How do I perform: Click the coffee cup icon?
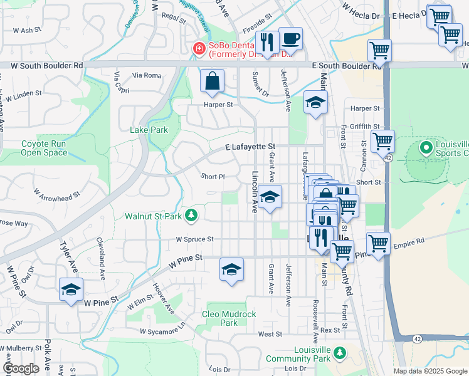coord(290,39)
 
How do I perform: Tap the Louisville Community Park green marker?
coord(339,353)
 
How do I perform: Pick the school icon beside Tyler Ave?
coord(71,290)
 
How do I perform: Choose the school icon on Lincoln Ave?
coord(270,197)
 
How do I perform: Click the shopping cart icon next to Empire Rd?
coord(378,243)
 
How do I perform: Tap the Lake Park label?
coord(149,130)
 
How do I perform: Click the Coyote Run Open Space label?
coord(44,148)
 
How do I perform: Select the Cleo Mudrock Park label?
coord(229,318)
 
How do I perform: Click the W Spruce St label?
coord(194,239)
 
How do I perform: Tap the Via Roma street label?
coord(147,75)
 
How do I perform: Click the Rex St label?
coord(329,330)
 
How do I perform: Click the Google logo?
coord(21,368)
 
